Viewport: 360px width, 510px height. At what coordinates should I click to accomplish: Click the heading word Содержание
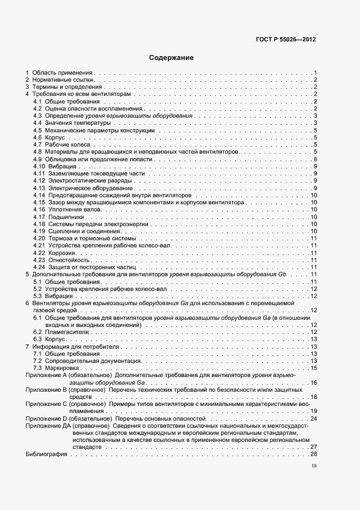click(x=171, y=58)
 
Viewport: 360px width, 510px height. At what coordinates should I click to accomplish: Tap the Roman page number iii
click(x=314, y=466)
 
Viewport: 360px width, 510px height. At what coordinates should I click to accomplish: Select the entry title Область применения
click(x=63, y=72)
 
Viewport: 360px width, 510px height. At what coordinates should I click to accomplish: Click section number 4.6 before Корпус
click(x=38, y=138)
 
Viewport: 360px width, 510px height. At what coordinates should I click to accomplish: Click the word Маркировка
click(x=64, y=368)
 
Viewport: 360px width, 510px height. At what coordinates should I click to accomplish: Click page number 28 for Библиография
click(x=313, y=454)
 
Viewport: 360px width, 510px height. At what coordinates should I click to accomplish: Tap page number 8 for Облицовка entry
click(x=315, y=159)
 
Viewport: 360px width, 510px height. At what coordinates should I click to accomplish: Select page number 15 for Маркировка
click(x=314, y=368)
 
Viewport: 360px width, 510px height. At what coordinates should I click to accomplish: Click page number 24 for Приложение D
click(x=313, y=418)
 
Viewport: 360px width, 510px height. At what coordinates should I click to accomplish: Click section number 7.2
click(x=38, y=361)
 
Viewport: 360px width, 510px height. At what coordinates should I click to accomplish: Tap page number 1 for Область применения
click(x=315, y=72)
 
